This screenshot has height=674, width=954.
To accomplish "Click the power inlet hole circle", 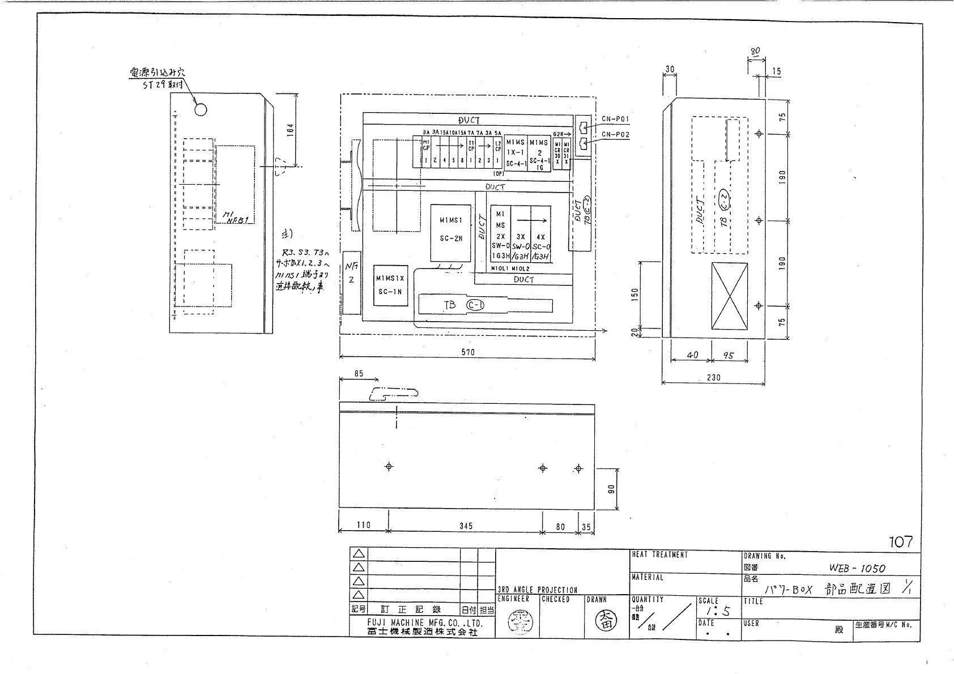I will (x=201, y=109).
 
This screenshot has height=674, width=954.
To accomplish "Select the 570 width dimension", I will (x=467, y=352).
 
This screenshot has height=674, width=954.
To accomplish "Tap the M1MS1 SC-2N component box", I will (x=451, y=233).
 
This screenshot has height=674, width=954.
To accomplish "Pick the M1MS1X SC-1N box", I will (x=390, y=285).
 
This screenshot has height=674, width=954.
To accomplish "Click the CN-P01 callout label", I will (x=615, y=120).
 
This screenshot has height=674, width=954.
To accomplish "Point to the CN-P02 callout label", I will (x=615, y=135).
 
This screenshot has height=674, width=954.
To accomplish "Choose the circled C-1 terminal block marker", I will (x=475, y=305).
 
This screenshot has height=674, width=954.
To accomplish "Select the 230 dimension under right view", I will (x=714, y=377).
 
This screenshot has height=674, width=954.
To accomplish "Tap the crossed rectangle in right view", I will (x=730, y=296).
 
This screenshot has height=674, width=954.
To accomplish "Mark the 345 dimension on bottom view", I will (x=466, y=526).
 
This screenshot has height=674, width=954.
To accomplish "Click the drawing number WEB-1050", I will (x=857, y=568).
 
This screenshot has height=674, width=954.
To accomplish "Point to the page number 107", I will (x=901, y=542).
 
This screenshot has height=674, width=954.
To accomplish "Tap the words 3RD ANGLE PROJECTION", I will (x=537, y=590).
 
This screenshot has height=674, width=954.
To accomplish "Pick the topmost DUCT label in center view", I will (x=469, y=120).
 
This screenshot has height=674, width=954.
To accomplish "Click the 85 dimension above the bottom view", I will (x=358, y=374).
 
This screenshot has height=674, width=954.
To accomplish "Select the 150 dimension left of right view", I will (x=635, y=295).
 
